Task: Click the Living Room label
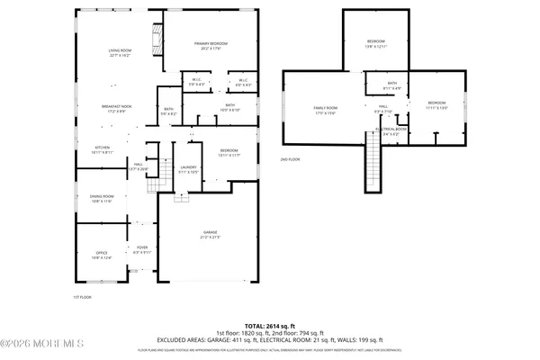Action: tap(120, 51)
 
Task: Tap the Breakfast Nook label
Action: tap(120, 106)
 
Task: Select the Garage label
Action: tap(210, 232)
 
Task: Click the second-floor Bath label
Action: tap(391, 84)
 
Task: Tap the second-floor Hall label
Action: tap(382, 107)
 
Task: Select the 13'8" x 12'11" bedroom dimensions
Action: tap(376, 46)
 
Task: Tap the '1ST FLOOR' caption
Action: tap(82, 296)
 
